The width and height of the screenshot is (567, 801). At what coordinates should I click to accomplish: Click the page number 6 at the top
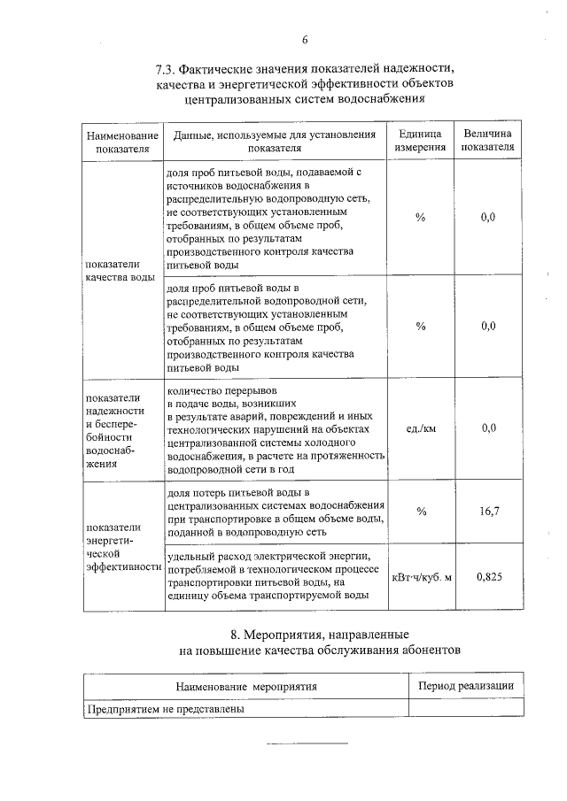[304, 40]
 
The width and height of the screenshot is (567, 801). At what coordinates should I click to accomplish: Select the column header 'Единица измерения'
[420, 142]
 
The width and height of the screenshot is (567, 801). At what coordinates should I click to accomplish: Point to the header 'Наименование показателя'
[122, 142]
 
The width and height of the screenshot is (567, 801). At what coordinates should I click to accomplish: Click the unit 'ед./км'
[421, 428]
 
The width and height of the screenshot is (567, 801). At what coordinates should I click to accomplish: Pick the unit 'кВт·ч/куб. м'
[422, 577]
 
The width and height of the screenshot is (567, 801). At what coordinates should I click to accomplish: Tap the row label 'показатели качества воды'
[113, 271]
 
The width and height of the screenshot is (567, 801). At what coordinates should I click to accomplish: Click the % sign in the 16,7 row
[421, 511]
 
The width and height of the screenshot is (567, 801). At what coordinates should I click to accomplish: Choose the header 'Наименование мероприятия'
[245, 686]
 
